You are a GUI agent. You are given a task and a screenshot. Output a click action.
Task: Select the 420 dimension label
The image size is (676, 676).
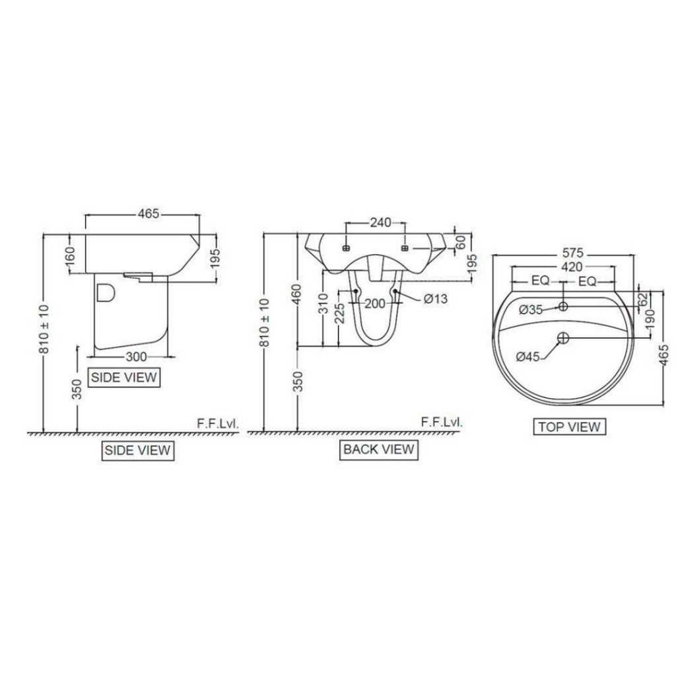[572, 267]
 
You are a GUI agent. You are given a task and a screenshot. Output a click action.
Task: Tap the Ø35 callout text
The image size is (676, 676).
[530, 309]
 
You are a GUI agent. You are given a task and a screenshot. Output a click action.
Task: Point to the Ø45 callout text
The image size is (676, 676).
[528, 356]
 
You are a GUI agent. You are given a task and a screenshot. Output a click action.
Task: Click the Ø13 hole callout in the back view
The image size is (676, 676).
[436, 299]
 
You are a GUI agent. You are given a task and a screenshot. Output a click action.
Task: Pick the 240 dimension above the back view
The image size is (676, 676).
[380, 222]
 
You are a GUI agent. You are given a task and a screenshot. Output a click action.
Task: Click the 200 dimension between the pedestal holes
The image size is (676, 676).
[375, 304]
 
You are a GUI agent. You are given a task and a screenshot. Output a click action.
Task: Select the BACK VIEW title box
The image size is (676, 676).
[378, 450]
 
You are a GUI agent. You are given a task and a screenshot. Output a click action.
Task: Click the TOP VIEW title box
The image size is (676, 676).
[569, 426]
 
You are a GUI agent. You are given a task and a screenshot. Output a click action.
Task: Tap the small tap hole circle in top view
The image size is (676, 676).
[563, 306]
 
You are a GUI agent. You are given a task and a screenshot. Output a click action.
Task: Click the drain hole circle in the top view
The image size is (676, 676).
[563, 338]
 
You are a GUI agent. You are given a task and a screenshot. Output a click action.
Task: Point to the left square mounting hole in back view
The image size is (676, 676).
[346, 248]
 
